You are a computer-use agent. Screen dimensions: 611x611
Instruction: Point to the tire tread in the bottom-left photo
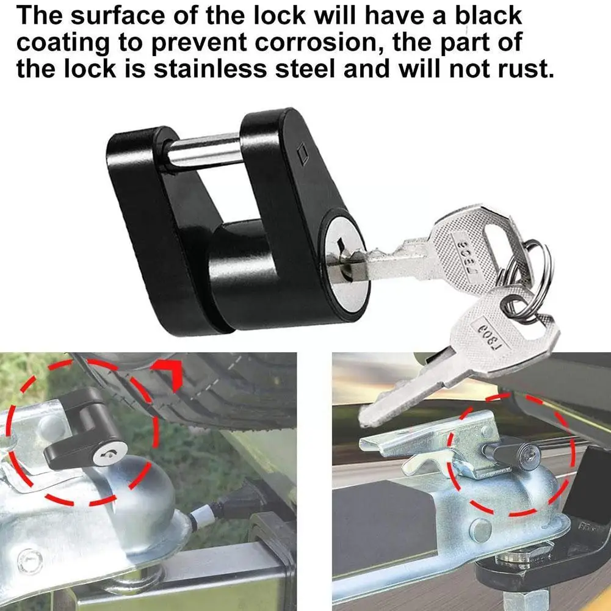point(232,385)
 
